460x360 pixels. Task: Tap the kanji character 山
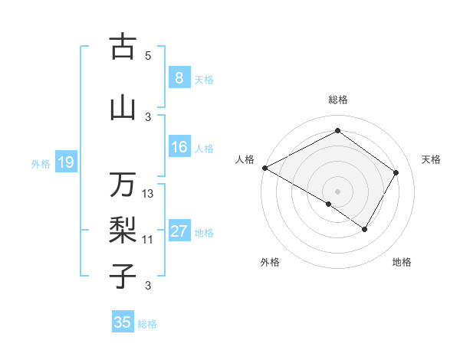pyautogui.click(x=123, y=108)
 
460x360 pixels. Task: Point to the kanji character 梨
pyautogui.click(x=123, y=228)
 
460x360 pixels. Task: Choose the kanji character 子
pyautogui.click(x=123, y=274)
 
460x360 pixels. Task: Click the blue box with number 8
pyautogui.click(x=179, y=77)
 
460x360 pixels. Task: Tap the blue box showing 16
pyautogui.click(x=179, y=147)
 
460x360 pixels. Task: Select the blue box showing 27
pyautogui.click(x=179, y=231)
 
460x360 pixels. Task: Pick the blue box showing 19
pyautogui.click(x=65, y=162)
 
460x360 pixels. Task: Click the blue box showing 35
pyautogui.click(x=123, y=322)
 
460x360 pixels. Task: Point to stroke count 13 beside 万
pyautogui.click(x=148, y=194)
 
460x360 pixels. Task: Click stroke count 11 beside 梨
pyautogui.click(x=148, y=240)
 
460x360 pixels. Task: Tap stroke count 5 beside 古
pyautogui.click(x=148, y=55)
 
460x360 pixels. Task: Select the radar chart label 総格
pyautogui.click(x=337, y=100)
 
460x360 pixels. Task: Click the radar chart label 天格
pyautogui.click(x=431, y=159)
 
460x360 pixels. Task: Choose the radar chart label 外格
pyautogui.click(x=270, y=262)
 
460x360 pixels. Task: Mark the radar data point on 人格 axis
pyautogui.click(x=264, y=168)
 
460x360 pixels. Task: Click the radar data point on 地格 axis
pyautogui.click(x=365, y=229)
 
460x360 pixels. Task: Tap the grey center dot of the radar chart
pyautogui.click(x=337, y=191)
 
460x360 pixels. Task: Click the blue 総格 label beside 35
pyautogui.click(x=147, y=324)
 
